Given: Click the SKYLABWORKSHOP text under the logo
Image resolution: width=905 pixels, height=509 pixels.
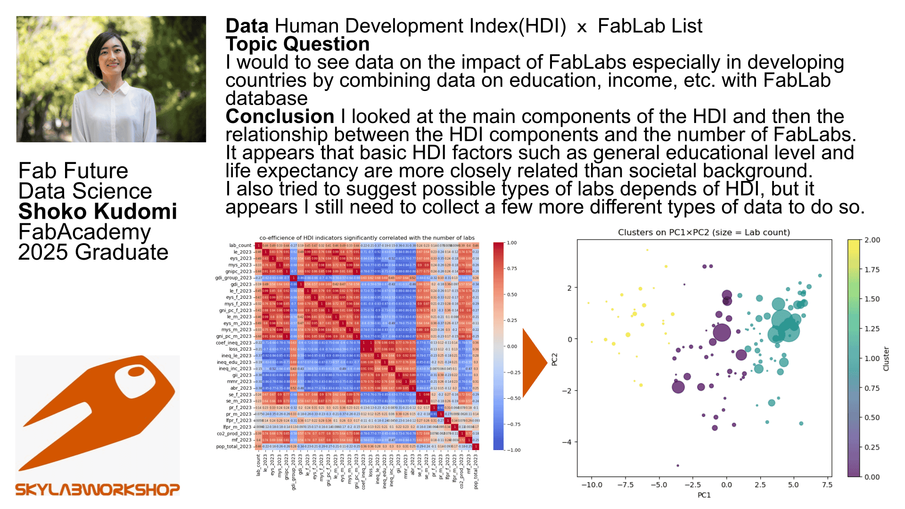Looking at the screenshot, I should pos(98,490).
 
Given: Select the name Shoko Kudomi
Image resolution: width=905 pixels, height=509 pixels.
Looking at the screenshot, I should pos(98,212).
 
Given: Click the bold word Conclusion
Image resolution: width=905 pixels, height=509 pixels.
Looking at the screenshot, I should pos(280,116).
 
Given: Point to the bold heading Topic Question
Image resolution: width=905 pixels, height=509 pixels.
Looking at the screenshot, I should pos(297,44).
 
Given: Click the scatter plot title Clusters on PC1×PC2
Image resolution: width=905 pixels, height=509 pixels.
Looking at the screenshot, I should pos(704,232).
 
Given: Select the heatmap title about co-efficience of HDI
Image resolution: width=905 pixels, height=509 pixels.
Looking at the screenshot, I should pos(367,238).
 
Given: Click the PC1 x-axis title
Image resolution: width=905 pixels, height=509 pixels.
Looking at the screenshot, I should pos(704,495).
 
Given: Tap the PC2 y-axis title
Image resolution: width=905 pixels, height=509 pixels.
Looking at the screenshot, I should pos(555,359).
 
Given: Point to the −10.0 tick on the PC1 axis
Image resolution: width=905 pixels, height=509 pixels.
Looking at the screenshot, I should pos(592,484).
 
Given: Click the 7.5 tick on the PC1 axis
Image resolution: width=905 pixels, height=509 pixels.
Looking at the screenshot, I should pos(827,484).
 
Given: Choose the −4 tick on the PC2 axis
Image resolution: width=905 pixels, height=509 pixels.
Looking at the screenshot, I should pos(567,442).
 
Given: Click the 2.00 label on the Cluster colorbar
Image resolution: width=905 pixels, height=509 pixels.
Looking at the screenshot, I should pos(872,240).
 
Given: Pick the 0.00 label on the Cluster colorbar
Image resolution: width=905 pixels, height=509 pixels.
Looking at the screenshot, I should pos(872,477).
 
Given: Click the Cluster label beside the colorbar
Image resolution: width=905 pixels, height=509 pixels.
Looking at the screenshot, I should pos(886,359).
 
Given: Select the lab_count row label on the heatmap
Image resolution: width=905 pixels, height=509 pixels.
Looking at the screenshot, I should pos(240,246).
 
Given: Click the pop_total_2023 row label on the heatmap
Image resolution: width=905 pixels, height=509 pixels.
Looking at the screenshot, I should pos(234,447).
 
